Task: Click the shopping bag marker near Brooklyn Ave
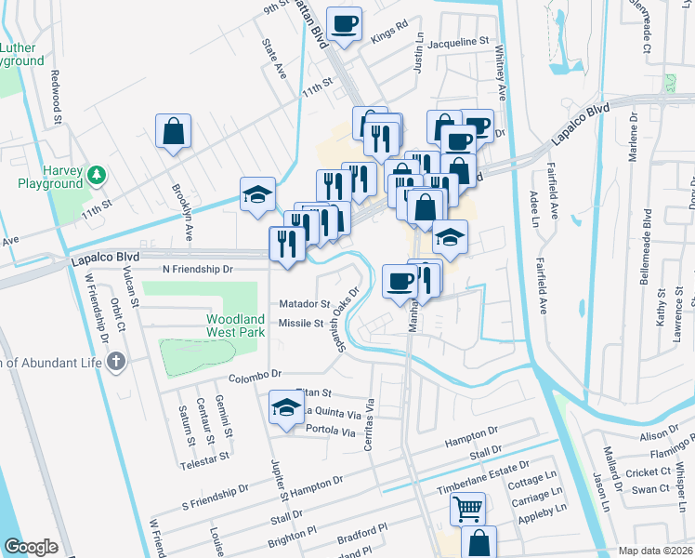coord(174,132)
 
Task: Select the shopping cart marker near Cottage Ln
coord(467,509)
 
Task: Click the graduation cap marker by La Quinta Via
coord(285,407)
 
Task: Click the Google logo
coord(31,547)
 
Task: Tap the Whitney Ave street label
coord(502,73)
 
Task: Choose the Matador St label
coord(305,304)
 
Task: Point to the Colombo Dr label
coord(256,374)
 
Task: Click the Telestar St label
coord(205,458)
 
